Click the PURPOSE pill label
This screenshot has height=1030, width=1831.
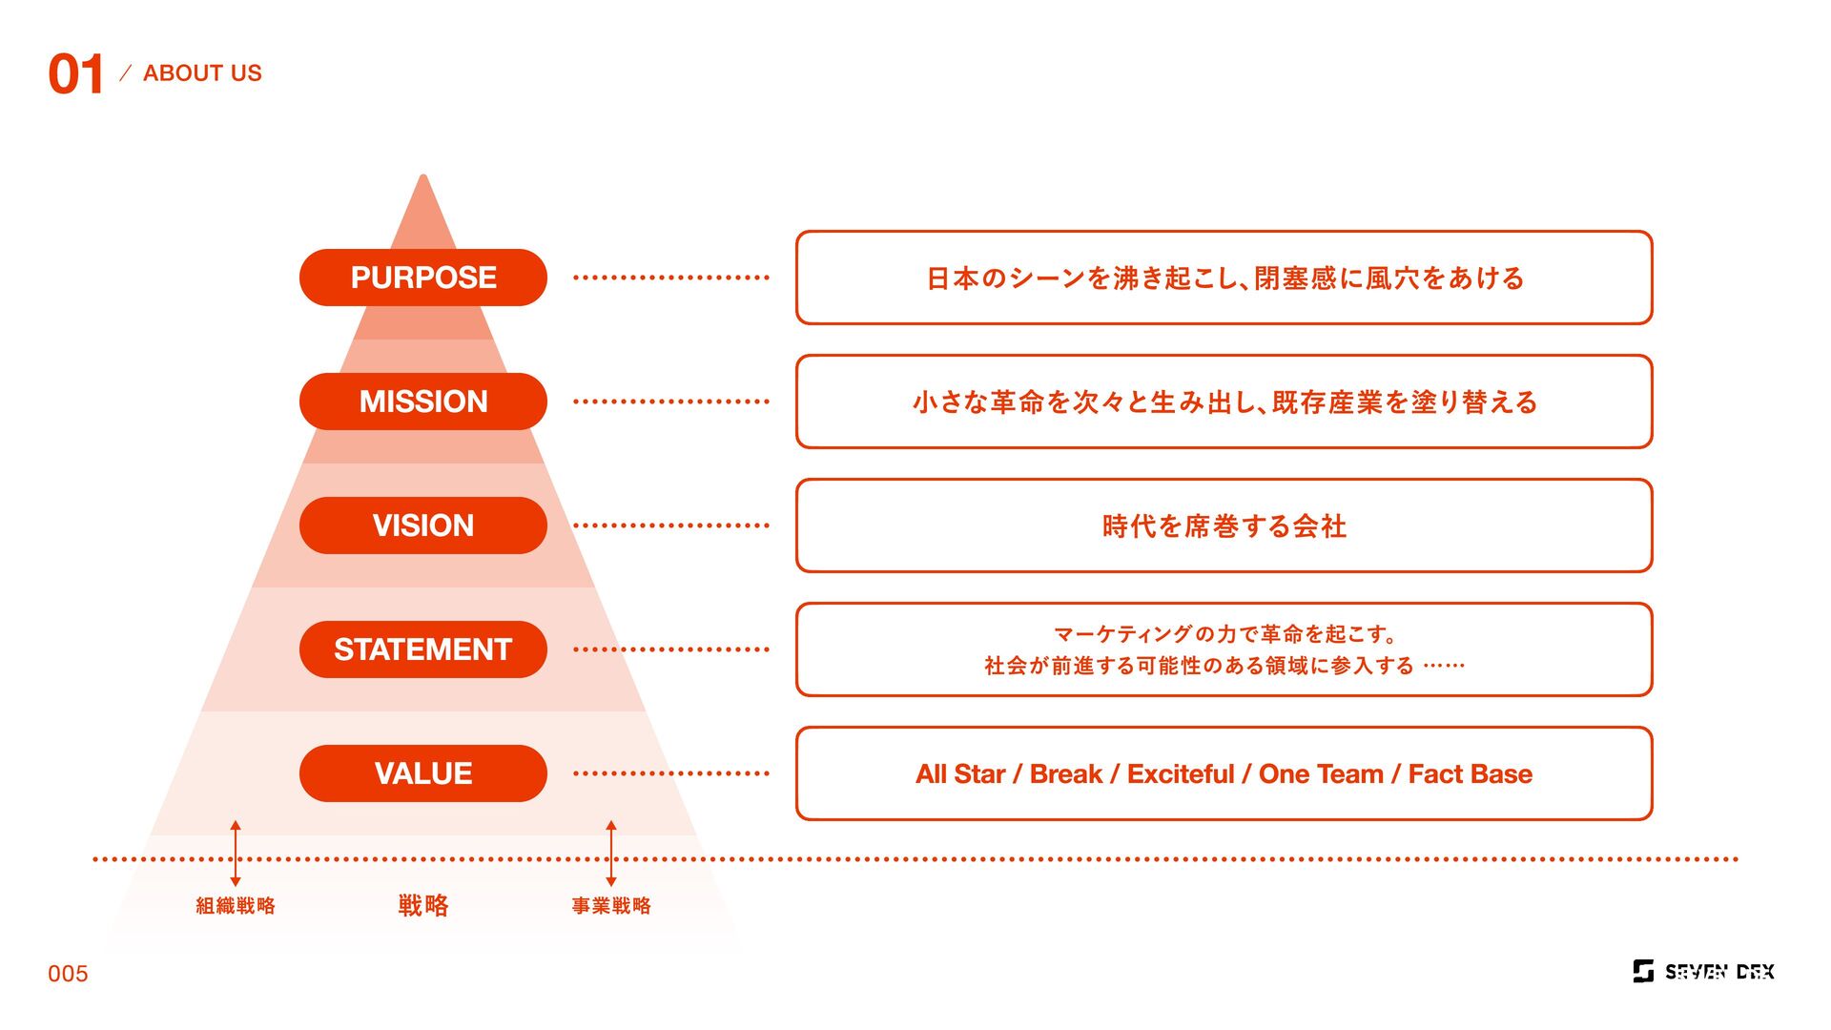coord(423,278)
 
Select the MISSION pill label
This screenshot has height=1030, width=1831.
coord(423,402)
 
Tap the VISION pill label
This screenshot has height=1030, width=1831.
coord(423,525)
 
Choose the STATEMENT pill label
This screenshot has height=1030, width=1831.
coord(423,649)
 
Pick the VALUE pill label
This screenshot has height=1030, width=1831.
coord(423,773)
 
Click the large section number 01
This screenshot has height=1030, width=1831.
coord(75,74)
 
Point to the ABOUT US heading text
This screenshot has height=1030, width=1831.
coord(202,73)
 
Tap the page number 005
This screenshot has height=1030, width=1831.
coord(68,974)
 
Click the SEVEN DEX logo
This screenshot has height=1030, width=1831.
coord(1703,972)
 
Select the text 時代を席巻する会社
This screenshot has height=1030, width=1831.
coord(1224,526)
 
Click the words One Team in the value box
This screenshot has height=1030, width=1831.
coord(1321,774)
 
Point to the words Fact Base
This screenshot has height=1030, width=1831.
coord(1471,774)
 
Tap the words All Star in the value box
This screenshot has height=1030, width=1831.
coord(960,774)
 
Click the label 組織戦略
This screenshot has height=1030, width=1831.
coord(236,906)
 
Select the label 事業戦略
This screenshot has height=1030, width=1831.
coord(611,906)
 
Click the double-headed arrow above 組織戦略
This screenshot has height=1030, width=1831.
coord(236,854)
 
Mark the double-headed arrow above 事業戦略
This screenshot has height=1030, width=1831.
coord(611,854)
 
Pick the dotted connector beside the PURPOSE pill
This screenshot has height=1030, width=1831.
coord(670,278)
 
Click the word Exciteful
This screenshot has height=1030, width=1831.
coord(1181,774)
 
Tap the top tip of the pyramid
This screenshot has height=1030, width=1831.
coord(423,178)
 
